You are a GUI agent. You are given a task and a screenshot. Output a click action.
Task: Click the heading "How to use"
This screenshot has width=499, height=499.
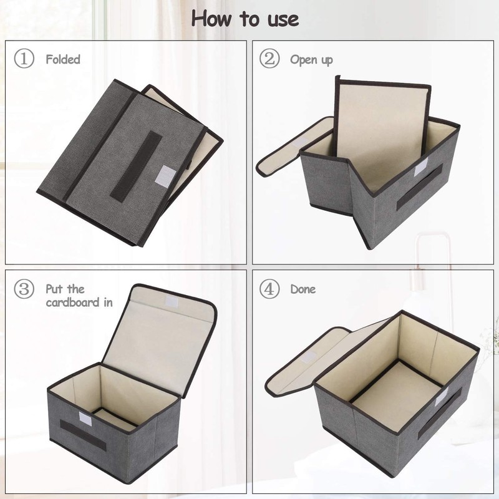pyautogui.click(x=245, y=19)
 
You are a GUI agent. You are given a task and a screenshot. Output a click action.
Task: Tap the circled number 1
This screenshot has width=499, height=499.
pyautogui.click(x=24, y=59)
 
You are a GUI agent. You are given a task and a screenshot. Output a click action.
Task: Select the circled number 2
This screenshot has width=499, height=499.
pyautogui.click(x=269, y=59)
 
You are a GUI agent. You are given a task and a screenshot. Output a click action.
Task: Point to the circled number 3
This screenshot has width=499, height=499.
pyautogui.click(x=24, y=289)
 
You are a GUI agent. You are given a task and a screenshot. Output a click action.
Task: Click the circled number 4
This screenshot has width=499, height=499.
pyautogui.click(x=269, y=289)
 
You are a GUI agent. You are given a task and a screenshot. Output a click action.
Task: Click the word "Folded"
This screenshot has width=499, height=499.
pyautogui.click(x=63, y=60)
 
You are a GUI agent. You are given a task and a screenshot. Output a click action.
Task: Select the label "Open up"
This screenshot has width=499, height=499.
pyautogui.click(x=311, y=60)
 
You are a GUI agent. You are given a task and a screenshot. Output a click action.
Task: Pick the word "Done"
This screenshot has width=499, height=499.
pyautogui.click(x=303, y=289)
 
